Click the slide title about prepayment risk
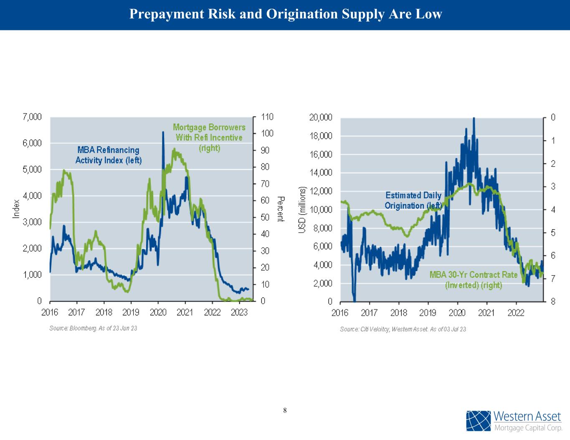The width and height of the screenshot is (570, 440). coord(285,14)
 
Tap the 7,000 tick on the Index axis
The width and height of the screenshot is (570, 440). coord(32,117)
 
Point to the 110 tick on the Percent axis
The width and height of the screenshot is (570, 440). coord(267,117)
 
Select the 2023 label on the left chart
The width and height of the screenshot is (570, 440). coord(239,312)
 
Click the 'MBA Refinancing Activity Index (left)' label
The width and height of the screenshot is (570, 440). coord(108,155)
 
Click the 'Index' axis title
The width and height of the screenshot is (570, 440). coord(17,209)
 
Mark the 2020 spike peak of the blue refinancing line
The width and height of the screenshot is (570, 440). coord(163,133)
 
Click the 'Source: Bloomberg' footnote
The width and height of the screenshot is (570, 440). coord(93,328)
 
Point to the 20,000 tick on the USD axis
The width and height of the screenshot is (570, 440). coord(321,117)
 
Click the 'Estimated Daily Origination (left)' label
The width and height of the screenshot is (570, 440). coord(413,200)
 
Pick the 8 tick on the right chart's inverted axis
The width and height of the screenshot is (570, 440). coord(553,301)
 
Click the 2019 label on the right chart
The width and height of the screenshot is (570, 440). coord(428,312)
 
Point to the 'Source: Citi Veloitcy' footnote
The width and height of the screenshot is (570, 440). coord(403,329)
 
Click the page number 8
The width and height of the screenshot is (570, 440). coord(285,410)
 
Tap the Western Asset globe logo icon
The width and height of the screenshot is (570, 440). coord(479,421)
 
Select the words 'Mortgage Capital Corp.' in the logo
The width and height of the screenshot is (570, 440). coord(528,428)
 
